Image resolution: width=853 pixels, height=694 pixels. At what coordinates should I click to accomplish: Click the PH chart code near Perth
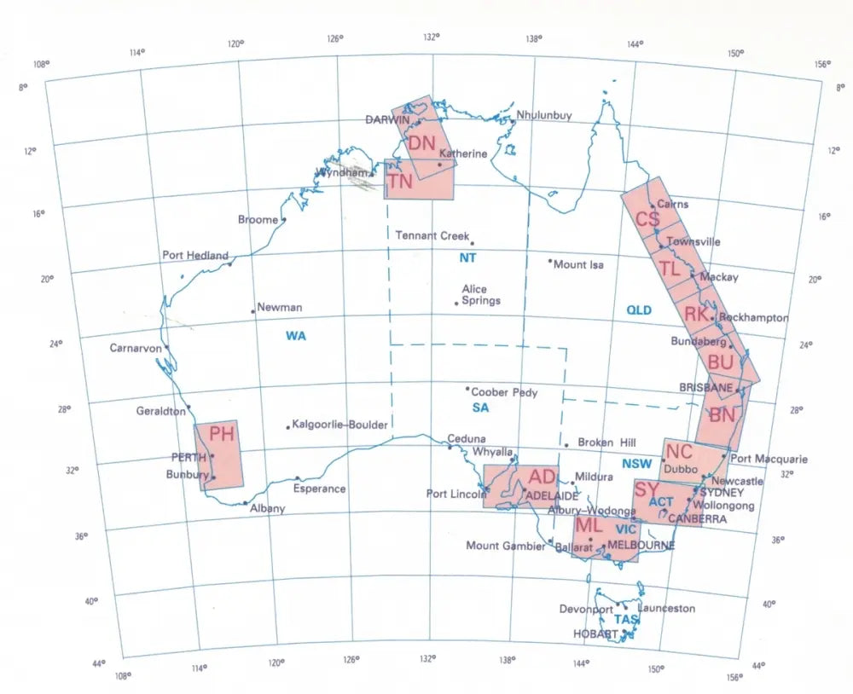(x=222, y=435)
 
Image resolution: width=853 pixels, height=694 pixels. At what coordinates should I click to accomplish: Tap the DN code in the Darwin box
(x=421, y=143)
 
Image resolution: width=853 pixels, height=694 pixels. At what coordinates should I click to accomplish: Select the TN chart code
(x=400, y=181)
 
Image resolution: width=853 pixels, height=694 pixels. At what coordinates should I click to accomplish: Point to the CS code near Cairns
(x=647, y=219)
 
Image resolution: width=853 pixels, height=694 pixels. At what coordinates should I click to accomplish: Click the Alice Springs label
(x=480, y=295)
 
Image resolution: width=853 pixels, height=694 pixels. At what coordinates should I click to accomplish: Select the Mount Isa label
(x=578, y=264)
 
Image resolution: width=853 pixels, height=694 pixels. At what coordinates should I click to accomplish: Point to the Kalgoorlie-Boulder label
(x=339, y=425)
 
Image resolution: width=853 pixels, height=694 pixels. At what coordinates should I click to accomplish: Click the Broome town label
(x=258, y=220)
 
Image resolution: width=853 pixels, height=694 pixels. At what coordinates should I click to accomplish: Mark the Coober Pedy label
(x=504, y=392)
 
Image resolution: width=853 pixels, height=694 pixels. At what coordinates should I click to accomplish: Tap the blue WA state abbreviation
(x=296, y=336)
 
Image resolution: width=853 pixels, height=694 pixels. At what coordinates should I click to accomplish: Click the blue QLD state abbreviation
(x=639, y=310)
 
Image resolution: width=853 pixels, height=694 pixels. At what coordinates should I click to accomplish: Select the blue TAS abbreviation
(x=626, y=620)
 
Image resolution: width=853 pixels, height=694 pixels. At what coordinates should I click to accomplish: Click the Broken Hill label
(x=606, y=442)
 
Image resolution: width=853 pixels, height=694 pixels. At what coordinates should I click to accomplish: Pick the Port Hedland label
(x=195, y=255)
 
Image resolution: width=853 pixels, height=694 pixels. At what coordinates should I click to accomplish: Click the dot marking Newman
(x=253, y=311)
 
